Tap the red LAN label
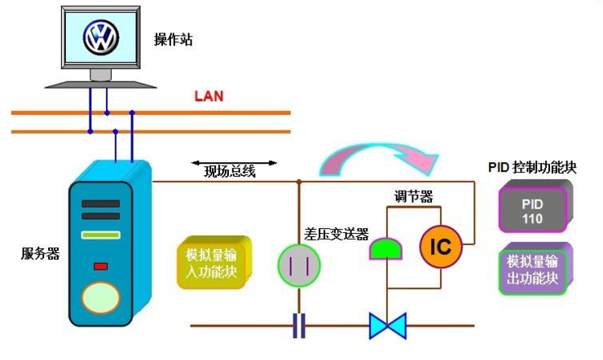(x=209, y=96)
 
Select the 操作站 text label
(x=174, y=39)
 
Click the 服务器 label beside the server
(x=40, y=253)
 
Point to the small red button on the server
(x=101, y=265)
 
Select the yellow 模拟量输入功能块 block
(x=210, y=264)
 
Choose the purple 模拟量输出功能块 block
(x=534, y=270)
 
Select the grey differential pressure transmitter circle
(x=298, y=264)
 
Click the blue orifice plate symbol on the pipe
(x=299, y=326)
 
